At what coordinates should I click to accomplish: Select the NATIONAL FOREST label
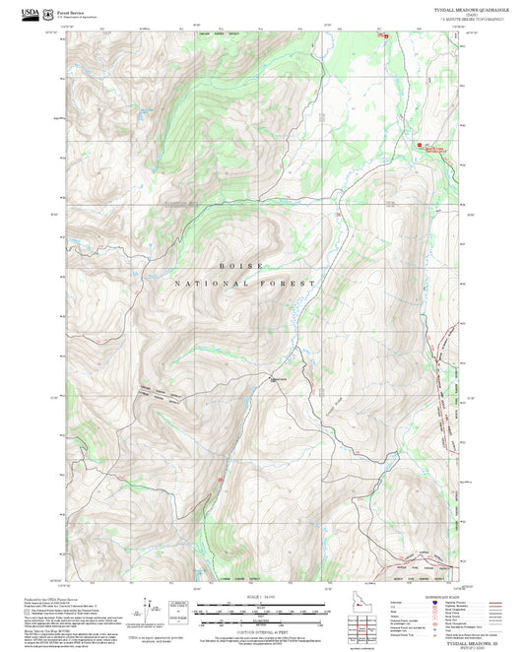[x=245, y=283]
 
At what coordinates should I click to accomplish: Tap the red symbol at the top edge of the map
[x=384, y=35]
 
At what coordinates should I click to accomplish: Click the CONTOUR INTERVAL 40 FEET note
[x=262, y=629]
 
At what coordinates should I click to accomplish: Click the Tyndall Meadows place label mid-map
[x=279, y=380]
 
